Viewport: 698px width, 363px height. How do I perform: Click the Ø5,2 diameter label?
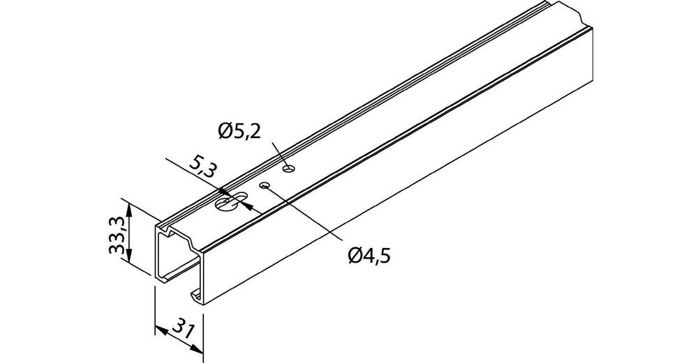click(x=239, y=131)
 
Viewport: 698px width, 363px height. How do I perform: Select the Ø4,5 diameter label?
click(x=369, y=255)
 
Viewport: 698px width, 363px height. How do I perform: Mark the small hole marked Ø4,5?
click(x=265, y=185)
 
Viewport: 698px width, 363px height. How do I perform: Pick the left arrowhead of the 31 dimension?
click(x=161, y=330)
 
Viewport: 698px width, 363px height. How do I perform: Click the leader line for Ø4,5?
click(x=304, y=213)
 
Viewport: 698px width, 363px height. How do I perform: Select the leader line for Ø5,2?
click(x=280, y=156)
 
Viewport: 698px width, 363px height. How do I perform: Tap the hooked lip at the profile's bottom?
click(x=196, y=295)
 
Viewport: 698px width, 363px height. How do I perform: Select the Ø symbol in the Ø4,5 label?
click(x=355, y=255)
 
